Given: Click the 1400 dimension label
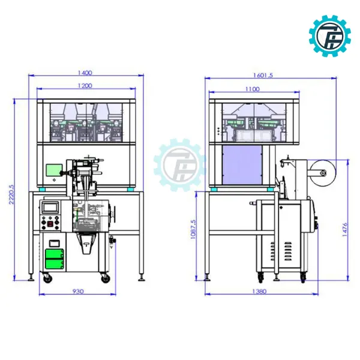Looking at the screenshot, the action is [85, 73].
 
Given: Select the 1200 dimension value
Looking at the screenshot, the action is [85, 86].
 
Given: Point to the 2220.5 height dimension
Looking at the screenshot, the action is [11, 194].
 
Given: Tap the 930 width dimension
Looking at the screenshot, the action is [78, 292].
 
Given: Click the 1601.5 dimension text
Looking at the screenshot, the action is [263, 76].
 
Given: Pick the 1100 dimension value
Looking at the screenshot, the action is [253, 89].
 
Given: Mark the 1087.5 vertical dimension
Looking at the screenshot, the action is [193, 229].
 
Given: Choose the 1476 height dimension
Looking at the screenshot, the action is [345, 230].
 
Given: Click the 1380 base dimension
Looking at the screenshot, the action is [259, 292].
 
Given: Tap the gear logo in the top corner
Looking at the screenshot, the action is [329, 36].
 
